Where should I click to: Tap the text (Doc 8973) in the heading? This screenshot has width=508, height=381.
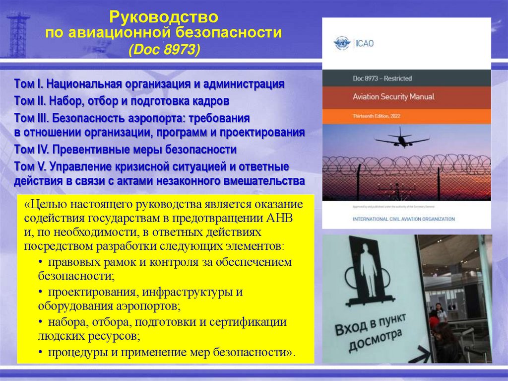pos(164,50)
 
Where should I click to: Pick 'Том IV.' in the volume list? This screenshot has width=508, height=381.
pos(32,150)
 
